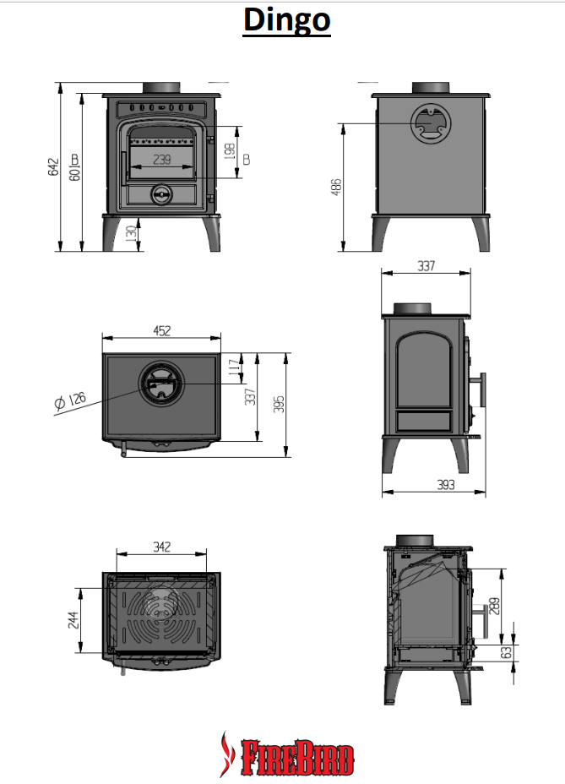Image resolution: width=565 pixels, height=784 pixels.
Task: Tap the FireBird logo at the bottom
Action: (286, 754)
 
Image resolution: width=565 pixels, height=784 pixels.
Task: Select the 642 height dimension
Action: (53, 167)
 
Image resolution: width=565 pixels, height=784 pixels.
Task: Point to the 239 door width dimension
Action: (162, 159)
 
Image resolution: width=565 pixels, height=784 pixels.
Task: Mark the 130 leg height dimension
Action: (129, 233)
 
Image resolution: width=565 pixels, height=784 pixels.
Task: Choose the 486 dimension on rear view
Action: (336, 187)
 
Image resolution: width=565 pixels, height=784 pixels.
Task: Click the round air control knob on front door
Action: (159, 194)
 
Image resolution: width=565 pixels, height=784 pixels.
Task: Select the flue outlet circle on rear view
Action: (431, 125)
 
